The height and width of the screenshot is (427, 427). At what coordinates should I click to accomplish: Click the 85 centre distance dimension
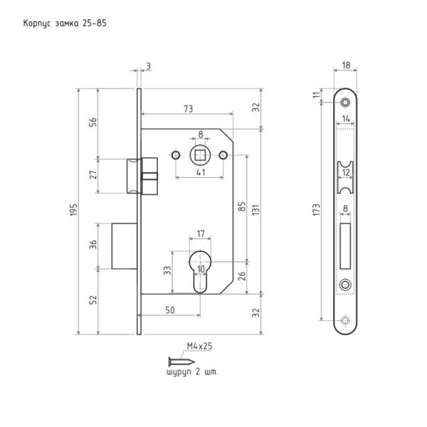pos(242,207)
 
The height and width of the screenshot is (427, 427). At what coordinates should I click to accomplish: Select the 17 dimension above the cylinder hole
pos(201,233)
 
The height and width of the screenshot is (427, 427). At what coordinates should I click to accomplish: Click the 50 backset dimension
pos(171,311)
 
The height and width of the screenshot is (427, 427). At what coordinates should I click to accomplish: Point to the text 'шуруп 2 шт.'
pos(192,371)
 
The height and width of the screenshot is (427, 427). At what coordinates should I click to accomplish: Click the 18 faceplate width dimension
pos(346,65)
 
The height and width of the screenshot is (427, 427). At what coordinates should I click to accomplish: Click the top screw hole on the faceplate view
pos(346,101)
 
